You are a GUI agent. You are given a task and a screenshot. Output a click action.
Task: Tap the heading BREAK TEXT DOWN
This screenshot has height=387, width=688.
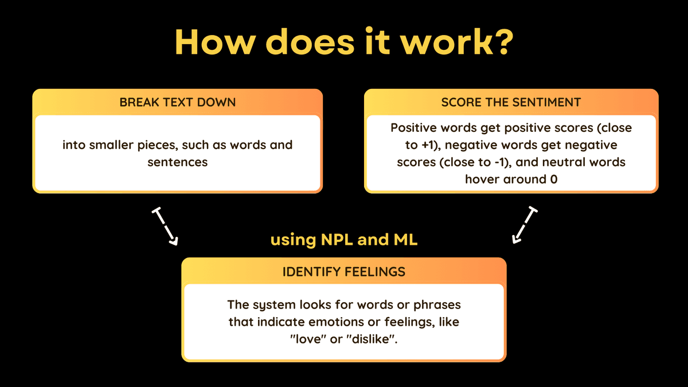coord(178,102)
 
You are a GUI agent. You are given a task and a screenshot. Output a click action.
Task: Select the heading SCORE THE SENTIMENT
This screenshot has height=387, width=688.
coord(511,102)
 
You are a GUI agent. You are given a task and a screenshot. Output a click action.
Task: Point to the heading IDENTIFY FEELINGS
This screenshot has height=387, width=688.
coord(344,272)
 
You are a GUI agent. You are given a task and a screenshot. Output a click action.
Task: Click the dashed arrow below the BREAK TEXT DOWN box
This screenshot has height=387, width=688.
coord(165,226)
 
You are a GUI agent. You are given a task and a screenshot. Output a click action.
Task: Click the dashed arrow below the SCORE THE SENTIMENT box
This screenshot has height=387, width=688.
coord(525,225)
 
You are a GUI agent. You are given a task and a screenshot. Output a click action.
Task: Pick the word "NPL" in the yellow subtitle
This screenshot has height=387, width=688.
coord(337,240)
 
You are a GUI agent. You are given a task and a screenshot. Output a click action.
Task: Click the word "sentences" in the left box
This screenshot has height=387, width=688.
coord(178,162)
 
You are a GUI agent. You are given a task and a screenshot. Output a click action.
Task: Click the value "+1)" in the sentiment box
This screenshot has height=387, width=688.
coord(431,145)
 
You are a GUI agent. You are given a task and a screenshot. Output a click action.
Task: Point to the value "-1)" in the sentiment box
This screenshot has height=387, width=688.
coord(503,162)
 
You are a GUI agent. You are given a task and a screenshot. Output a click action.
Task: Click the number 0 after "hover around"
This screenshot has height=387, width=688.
coord(554,179)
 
